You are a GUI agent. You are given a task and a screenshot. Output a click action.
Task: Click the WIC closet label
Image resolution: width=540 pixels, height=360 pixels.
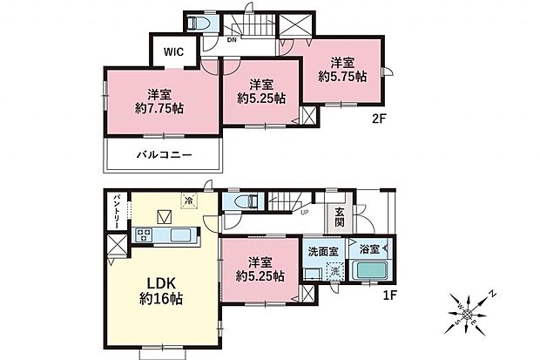(x=176, y=51)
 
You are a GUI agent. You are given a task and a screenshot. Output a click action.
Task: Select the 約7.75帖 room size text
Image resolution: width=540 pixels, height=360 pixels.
(x=159, y=109)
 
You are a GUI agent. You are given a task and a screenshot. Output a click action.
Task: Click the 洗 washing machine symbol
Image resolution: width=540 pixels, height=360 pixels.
(x=334, y=272)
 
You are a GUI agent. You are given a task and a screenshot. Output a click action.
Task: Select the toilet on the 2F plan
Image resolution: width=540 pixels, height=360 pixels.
(x=198, y=24)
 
